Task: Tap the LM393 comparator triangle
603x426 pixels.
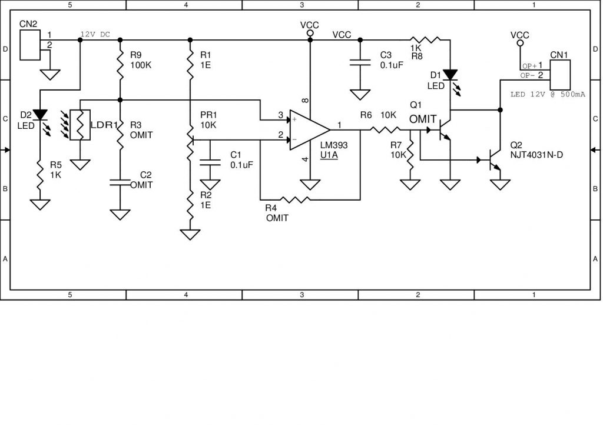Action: coord(308,129)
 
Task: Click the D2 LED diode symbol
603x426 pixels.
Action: coord(40,114)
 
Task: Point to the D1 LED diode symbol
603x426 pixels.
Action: coord(450,75)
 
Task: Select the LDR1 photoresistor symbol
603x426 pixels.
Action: coord(80,125)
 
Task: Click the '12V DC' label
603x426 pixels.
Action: coord(95,34)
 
